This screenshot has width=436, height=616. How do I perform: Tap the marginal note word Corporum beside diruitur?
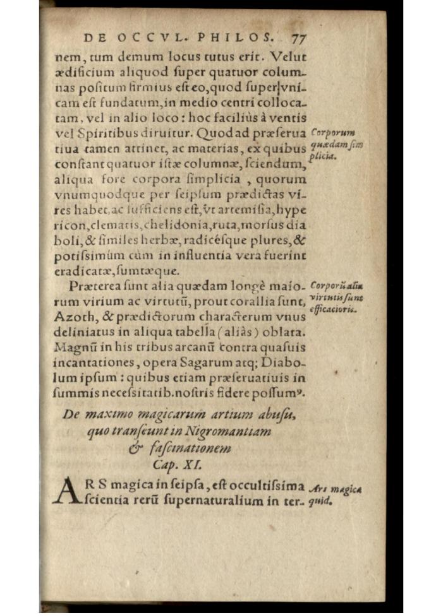click(x=333, y=133)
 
